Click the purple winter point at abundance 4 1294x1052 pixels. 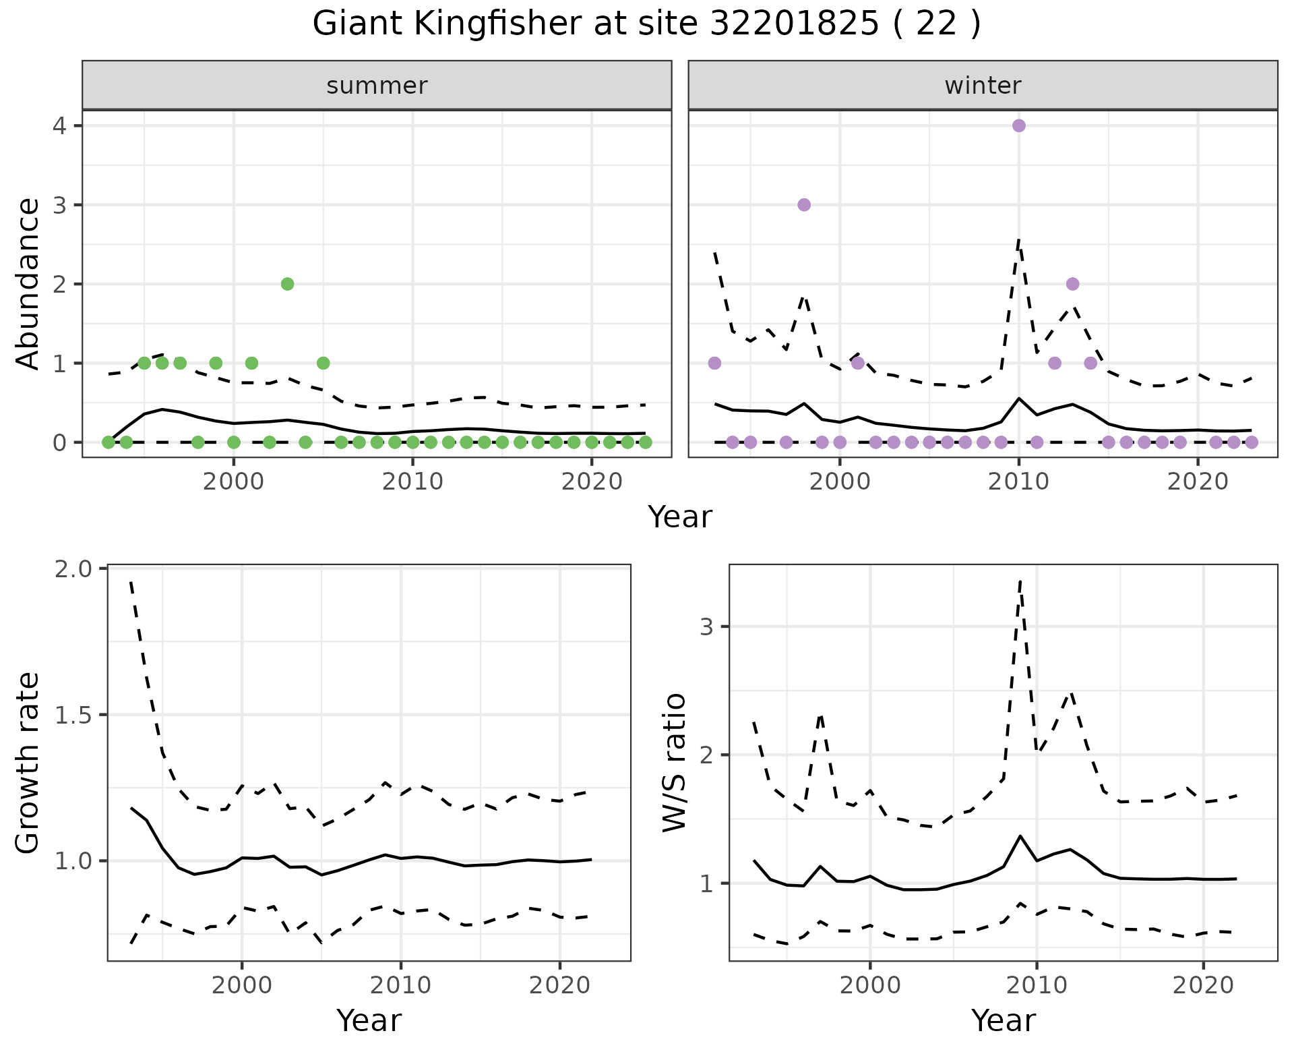(x=1018, y=126)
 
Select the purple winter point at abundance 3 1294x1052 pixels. (x=803, y=205)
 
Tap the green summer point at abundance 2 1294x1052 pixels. (x=287, y=284)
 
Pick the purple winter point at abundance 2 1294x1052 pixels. (x=1072, y=284)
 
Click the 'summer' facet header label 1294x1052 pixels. (x=377, y=86)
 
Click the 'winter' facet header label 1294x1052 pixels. (x=983, y=86)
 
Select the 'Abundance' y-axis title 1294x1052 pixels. (x=28, y=284)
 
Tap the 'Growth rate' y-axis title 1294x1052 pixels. (x=28, y=763)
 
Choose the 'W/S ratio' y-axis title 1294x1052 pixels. (x=674, y=763)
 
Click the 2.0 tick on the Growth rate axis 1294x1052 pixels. (x=78, y=569)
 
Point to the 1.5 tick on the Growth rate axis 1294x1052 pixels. (x=78, y=715)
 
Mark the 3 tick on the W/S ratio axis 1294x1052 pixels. (x=706, y=626)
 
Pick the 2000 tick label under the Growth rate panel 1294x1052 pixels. (x=242, y=985)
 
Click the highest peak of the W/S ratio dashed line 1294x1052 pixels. (x=1020, y=580)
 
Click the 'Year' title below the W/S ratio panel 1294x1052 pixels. (x=1003, y=1021)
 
